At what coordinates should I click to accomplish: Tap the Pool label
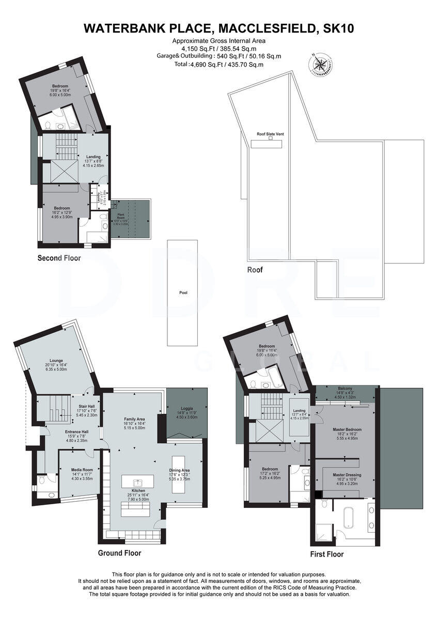tap(183, 292)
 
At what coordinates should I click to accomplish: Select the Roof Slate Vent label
tap(270, 134)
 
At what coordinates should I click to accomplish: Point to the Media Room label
tap(81, 470)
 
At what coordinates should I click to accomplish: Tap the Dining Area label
tap(180, 470)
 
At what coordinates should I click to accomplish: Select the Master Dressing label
tap(347, 475)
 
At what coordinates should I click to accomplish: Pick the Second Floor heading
tap(59, 258)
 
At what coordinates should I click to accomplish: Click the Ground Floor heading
tap(119, 553)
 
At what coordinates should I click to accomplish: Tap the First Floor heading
tap(326, 554)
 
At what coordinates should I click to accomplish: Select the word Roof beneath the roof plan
tap(255, 270)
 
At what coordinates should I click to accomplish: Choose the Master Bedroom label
tap(347, 429)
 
